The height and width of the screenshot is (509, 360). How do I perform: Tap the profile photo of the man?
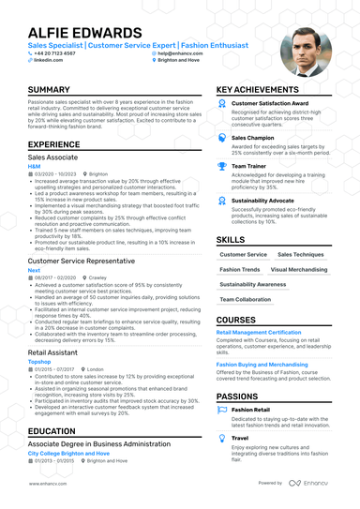click(x=306, y=51)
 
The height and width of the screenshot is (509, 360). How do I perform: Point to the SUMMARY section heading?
click(x=49, y=90)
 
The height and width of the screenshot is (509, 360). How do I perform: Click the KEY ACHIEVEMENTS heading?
click(x=264, y=90)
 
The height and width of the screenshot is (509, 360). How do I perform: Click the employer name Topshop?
click(x=39, y=361)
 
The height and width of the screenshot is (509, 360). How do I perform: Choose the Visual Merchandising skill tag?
click(x=300, y=269)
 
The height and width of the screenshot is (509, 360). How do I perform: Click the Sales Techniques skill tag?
click(x=301, y=254)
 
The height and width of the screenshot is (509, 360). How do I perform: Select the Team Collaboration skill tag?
click(x=246, y=299)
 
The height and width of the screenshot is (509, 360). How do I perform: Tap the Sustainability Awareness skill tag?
click(x=253, y=284)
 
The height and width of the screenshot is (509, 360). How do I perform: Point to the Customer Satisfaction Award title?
click(x=270, y=103)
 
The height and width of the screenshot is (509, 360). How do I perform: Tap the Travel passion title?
click(x=240, y=437)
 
